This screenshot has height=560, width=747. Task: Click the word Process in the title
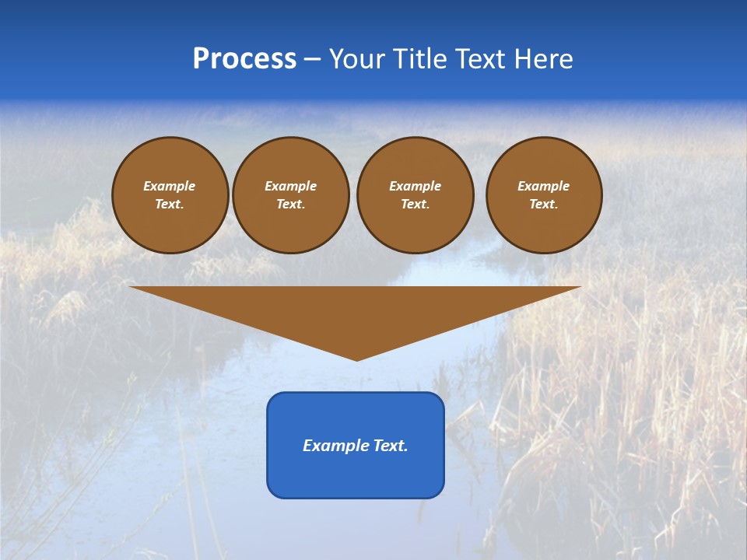pos(244,59)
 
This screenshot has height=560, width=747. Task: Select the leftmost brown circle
pos(170,195)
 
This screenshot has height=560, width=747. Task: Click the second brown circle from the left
pos(290,195)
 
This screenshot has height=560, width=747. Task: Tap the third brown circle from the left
pos(415,195)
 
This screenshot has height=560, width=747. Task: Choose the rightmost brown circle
pos(543,195)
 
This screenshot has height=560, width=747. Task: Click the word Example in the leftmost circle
pos(170,186)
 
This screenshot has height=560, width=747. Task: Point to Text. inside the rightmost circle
pos(543,205)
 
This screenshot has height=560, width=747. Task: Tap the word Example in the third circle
pos(415,186)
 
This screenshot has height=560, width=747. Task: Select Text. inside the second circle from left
pos(290,205)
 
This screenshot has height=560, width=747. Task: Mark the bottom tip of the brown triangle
pos(356,359)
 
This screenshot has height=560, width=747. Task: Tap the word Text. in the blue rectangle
pos(389,446)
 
